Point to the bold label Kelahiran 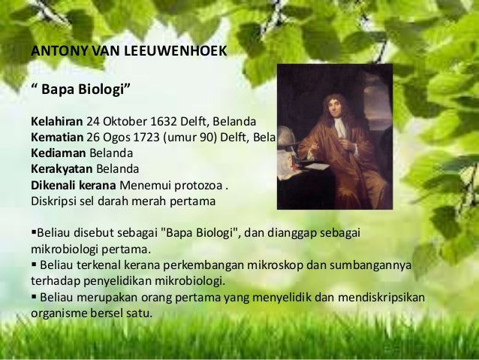[x=56, y=121]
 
